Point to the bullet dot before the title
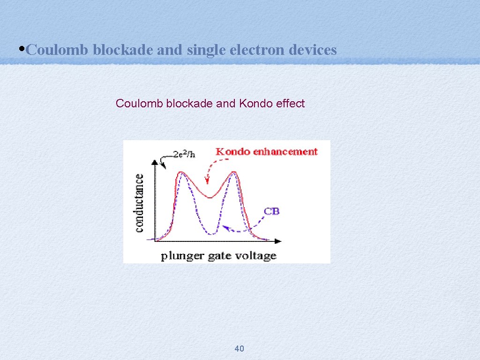coord(23,49)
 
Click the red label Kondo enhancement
coord(266,151)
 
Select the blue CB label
coord(272,211)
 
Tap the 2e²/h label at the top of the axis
coord(184,155)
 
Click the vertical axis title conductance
coord(140,202)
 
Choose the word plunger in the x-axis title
coord(180,256)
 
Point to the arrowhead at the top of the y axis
coord(155,162)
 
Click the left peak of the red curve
coord(181,173)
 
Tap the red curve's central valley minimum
coord(210,197)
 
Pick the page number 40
coord(239,348)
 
